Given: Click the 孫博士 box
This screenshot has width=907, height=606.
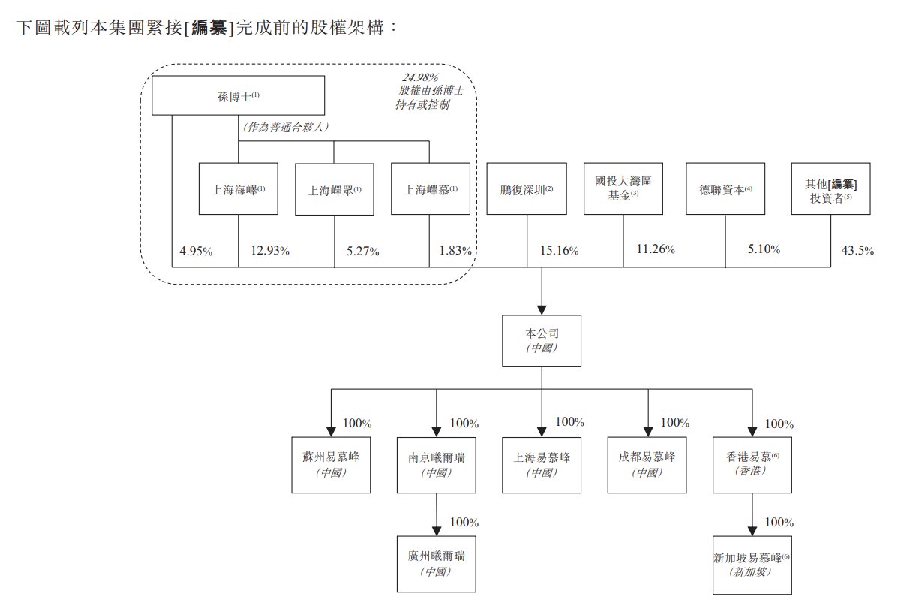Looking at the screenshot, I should (238, 95).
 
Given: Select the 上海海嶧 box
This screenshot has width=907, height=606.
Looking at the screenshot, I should (238, 189).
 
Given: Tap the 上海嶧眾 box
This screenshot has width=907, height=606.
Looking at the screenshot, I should (334, 190).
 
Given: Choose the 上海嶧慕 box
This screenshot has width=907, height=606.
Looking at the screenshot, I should (430, 190).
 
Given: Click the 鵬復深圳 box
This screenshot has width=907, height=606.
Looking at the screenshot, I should (525, 189).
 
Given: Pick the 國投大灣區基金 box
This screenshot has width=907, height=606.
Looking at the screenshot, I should (623, 189).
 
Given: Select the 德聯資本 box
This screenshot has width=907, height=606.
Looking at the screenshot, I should (725, 189).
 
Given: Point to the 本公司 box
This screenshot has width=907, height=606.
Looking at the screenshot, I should (541, 341).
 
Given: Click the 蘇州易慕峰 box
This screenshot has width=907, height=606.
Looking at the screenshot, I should (331, 466).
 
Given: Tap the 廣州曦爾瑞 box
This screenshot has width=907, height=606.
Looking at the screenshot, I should (435, 564).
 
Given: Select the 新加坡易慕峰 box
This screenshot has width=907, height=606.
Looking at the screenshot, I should (752, 565).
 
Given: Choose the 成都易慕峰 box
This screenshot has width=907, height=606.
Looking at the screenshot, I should (647, 466).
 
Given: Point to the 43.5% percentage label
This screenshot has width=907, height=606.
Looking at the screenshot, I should (857, 251).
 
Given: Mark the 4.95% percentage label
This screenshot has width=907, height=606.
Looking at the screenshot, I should (196, 251).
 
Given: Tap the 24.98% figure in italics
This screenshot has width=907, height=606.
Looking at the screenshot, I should (419, 77).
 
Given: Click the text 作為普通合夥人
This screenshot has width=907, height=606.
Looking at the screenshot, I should (287, 128).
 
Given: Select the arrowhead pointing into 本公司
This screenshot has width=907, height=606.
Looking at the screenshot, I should (541, 309).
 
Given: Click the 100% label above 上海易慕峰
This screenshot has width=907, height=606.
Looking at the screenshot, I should (569, 421).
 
